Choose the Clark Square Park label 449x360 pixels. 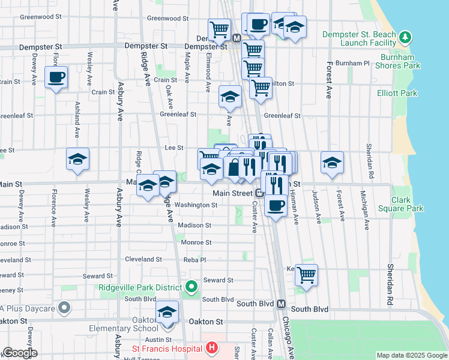coord(400,204)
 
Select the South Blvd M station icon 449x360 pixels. coord(281,304)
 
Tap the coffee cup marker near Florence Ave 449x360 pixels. coord(56,77)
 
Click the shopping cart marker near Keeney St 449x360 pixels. coord(306,275)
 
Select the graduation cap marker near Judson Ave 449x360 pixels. coord(332,163)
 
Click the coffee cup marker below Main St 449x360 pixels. coord(276,206)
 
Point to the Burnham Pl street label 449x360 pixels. coord(353,63)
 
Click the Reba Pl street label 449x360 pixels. coord(194,260)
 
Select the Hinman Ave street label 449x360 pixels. coord(296,211)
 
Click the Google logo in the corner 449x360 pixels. coord(20,353)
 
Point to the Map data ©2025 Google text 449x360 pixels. coord(412,355)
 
